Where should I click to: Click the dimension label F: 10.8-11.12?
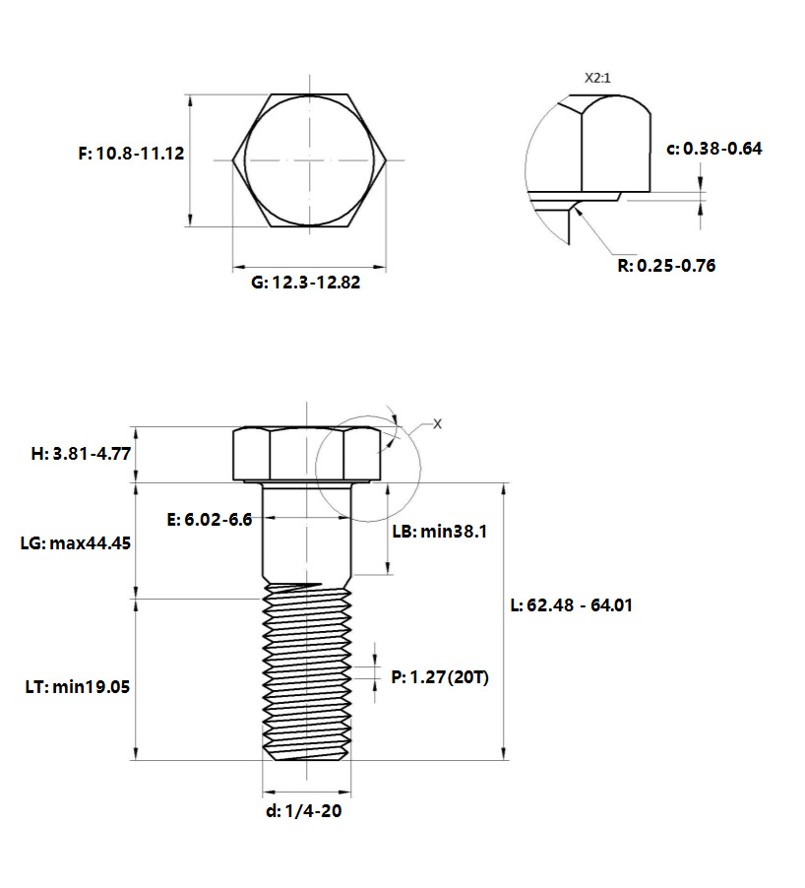[131, 154]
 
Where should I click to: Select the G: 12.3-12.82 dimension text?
[306, 282]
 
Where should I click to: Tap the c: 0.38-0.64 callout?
[714, 149]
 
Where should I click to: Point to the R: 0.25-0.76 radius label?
[666, 265]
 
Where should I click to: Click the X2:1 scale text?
[597, 78]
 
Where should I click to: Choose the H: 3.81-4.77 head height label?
[81, 454]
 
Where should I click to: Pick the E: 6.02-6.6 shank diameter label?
[210, 520]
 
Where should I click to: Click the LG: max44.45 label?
[76, 543]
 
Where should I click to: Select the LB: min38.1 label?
[440, 532]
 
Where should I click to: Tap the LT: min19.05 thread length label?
[78, 687]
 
